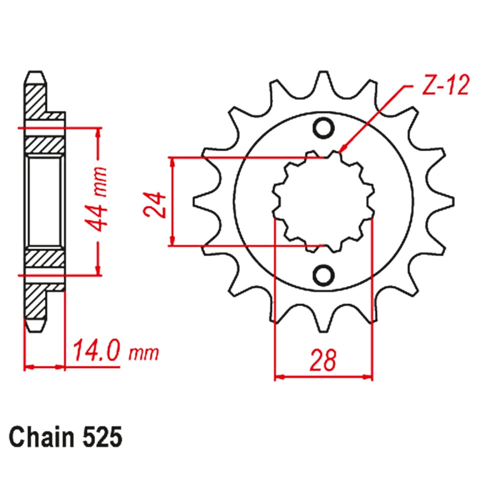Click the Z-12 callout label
pyautogui.click(x=445, y=86)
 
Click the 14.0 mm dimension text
pyautogui.click(x=115, y=351)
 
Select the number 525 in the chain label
pyautogui.click(x=99, y=438)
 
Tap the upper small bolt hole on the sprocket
pyautogui.click(x=323, y=128)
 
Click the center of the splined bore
pyautogui.click(x=323, y=201)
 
